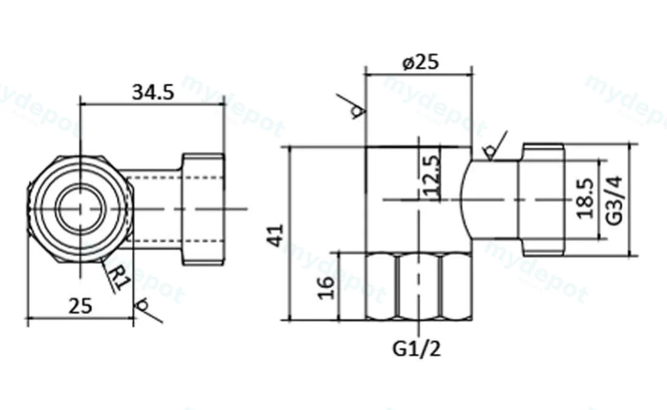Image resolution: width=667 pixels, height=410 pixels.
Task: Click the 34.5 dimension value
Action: (153, 92)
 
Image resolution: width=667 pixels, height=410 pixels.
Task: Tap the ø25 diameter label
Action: (420, 62)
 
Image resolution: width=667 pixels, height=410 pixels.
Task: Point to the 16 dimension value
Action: (327, 287)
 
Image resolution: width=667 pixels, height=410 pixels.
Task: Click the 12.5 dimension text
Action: (431, 176)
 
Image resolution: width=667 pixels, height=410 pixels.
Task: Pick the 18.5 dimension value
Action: (585, 198)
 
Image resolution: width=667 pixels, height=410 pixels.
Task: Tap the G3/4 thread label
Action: (614, 200)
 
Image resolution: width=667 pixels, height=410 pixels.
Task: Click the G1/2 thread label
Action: (416, 349)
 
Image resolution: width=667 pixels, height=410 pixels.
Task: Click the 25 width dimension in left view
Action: (80, 305)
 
